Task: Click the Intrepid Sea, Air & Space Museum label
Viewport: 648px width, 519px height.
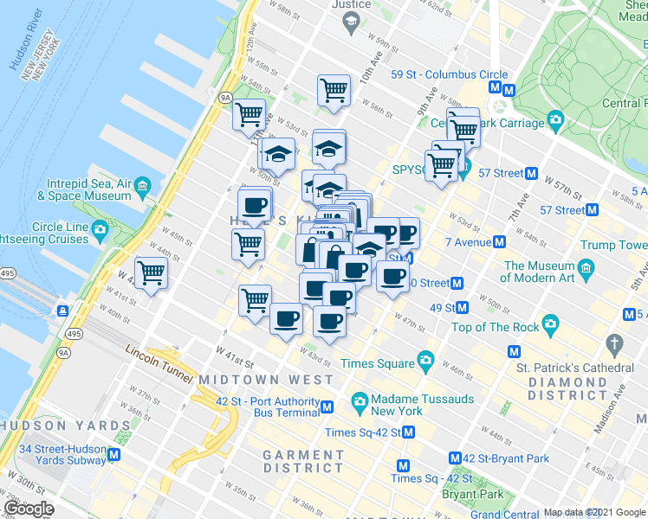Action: (90, 190)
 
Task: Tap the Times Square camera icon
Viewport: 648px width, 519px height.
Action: (425, 359)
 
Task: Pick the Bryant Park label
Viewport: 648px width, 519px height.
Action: (472, 494)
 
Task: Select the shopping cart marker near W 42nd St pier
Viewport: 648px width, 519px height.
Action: (152, 273)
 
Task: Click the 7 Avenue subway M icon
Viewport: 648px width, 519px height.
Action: (500, 242)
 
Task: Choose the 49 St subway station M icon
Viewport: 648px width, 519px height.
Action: (463, 307)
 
